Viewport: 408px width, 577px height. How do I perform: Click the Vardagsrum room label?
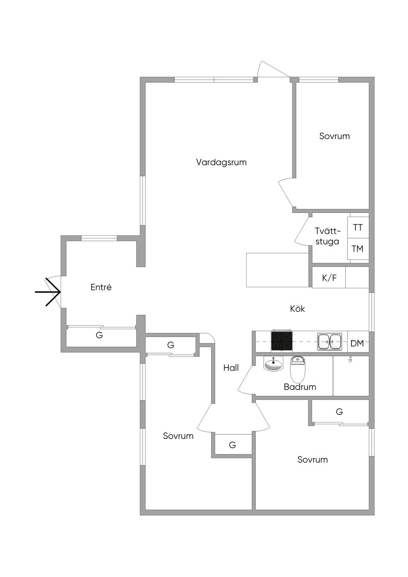221,162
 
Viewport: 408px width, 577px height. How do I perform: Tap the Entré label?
101,287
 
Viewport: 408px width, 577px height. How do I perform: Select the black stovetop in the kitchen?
282,341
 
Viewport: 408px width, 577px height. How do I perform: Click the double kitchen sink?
330,342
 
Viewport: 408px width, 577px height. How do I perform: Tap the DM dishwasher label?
357,343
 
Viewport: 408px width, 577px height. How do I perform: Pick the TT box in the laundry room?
358,227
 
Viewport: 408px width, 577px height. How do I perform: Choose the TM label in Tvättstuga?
357,249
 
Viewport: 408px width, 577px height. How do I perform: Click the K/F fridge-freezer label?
329,278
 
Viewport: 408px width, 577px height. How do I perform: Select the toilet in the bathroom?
297,369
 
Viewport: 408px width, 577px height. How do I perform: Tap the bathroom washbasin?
273,364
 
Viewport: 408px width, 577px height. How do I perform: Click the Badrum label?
300,387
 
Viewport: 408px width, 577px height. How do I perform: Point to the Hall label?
231,368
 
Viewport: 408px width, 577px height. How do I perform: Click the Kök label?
297,309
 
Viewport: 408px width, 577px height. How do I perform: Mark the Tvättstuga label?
328,236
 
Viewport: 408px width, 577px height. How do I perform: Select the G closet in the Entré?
99,335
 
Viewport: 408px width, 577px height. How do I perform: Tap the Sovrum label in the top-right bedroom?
334,136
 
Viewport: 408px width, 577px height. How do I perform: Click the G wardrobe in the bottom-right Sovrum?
339,412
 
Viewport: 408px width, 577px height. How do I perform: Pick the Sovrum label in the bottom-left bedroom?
178,436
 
